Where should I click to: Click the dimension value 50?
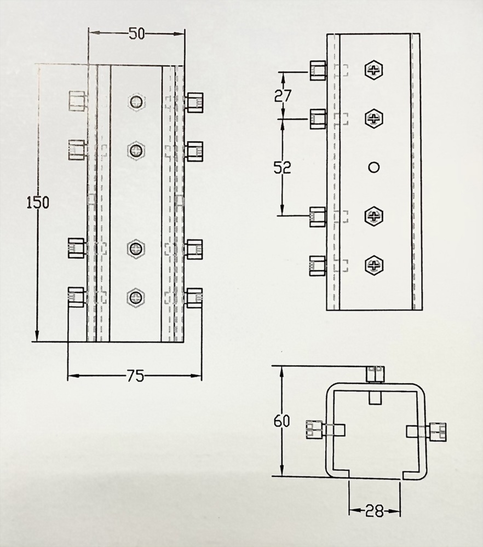(136, 34)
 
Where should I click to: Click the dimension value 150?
(38, 203)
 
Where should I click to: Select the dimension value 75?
(135, 376)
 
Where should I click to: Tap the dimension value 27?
(283, 96)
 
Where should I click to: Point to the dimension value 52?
(282, 168)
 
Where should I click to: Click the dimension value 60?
(281, 422)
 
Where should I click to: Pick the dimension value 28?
(375, 511)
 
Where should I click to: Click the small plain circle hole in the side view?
(373, 167)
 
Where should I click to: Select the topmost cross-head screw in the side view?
(374, 70)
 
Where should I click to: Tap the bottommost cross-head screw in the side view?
(374, 266)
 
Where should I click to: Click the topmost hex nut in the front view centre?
(136, 102)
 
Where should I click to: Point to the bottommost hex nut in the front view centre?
(136, 297)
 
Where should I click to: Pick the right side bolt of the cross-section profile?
(439, 431)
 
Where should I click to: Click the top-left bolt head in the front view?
(77, 101)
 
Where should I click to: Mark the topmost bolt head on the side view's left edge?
(318, 70)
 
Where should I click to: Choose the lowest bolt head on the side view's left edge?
(318, 266)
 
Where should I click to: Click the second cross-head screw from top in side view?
(374, 118)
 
